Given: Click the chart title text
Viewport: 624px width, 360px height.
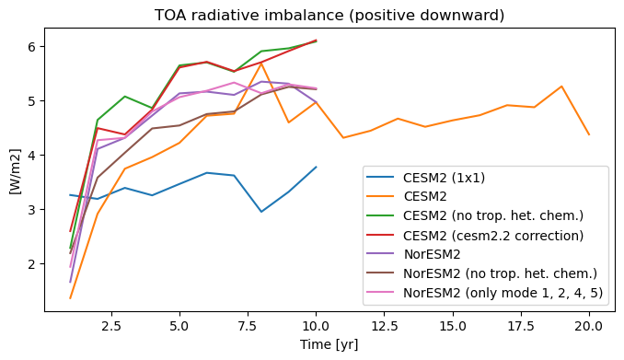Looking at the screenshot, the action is pos(329,15).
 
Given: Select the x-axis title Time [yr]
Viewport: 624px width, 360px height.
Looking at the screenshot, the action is pos(329,344).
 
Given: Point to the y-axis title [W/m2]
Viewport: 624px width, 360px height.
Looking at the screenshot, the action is pos(15,171).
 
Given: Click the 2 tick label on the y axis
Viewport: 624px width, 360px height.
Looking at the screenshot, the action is pos(32,263).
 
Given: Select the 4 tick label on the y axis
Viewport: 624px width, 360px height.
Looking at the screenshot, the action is pos(32,155).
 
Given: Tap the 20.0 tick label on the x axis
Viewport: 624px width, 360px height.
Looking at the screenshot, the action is pos(589,327).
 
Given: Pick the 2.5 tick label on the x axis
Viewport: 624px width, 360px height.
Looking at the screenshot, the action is pos(111,327).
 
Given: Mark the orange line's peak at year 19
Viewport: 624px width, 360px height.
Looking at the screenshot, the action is pos(561,86).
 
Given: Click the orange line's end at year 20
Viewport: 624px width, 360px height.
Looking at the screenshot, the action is pos(589,134).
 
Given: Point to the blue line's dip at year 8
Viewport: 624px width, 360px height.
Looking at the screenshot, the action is pos(261,212).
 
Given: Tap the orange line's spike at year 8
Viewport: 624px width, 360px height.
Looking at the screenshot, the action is pos(261,64).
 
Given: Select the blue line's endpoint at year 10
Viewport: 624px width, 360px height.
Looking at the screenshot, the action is pos(316,167).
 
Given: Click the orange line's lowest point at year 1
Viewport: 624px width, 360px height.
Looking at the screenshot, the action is pos(70,298).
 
